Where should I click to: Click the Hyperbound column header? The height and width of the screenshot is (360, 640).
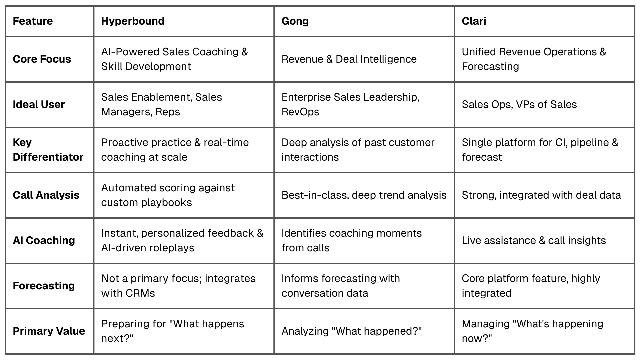pos(133,21)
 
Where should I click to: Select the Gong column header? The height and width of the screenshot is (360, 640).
pos(295,21)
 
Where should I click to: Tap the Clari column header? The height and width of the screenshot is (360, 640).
pos(474,21)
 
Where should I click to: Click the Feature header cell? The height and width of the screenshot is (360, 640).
pos(33,21)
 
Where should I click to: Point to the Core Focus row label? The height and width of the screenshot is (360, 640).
pos(42,59)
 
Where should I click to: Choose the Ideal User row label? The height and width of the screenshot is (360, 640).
pos(39,104)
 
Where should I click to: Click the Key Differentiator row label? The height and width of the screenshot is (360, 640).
pos(48,150)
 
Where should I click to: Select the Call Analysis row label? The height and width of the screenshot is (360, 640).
pos(46,195)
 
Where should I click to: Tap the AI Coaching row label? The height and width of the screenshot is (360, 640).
pos(44,240)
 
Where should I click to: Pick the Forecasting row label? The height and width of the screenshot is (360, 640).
pos(44,286)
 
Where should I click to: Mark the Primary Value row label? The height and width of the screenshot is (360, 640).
pos(49,331)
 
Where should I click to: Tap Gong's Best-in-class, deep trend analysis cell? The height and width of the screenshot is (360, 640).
pos(364,195)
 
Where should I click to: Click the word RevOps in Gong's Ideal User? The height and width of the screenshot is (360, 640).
pos(300,112)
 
